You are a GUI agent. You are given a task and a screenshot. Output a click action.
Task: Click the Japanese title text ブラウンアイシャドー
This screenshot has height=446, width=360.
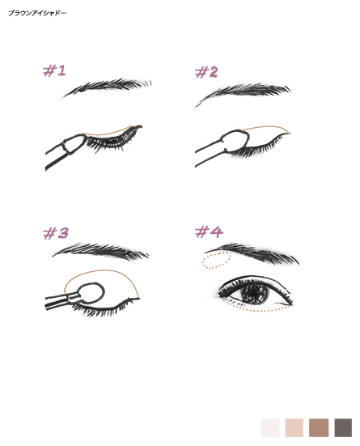(x=37, y=13)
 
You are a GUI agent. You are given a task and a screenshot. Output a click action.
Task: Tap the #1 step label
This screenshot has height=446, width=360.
(x=54, y=70)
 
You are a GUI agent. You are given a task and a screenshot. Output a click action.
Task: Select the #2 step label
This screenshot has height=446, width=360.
(x=206, y=72)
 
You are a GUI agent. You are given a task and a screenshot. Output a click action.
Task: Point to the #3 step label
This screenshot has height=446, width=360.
(x=56, y=233)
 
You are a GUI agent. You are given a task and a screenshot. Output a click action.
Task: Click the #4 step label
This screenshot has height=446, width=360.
(x=209, y=231)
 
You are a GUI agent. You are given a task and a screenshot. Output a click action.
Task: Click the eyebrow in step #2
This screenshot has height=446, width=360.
(x=244, y=91)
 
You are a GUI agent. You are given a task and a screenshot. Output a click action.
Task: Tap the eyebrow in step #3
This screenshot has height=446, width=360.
(x=101, y=251)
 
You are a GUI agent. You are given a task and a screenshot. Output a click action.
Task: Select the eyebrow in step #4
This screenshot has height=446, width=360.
(x=253, y=253)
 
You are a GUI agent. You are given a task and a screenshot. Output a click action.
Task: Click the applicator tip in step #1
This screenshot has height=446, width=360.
(x=74, y=144)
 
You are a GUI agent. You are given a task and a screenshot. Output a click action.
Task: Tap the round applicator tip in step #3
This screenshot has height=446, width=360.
(x=91, y=292)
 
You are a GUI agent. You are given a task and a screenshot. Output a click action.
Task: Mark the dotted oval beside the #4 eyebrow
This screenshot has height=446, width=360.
(x=216, y=261)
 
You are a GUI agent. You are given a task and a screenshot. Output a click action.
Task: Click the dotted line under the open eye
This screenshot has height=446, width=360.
(x=256, y=308)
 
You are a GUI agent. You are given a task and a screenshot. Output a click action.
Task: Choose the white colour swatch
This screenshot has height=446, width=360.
(x=270, y=427)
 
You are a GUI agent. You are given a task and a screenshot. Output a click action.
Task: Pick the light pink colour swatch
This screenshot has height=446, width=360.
(x=294, y=427)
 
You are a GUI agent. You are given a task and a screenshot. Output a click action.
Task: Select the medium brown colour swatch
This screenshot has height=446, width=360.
(x=319, y=427)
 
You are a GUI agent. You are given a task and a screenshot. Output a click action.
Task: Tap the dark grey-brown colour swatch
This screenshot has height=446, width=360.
(x=343, y=427)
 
